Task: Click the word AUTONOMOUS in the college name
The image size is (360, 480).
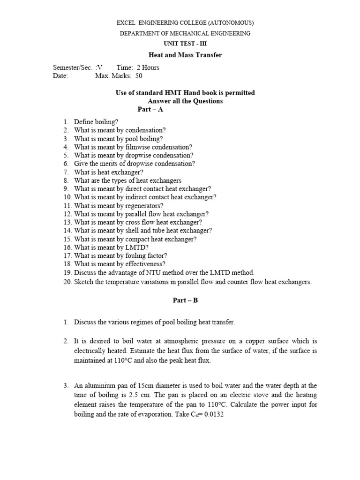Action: (230, 22)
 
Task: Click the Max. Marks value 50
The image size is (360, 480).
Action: (138, 75)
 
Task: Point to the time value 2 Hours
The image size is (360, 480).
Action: (144, 67)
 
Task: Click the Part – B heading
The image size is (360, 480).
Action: (185, 300)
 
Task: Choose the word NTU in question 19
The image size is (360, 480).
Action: (143, 272)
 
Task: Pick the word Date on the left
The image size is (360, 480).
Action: (60, 75)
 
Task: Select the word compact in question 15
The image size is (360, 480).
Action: (134, 239)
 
